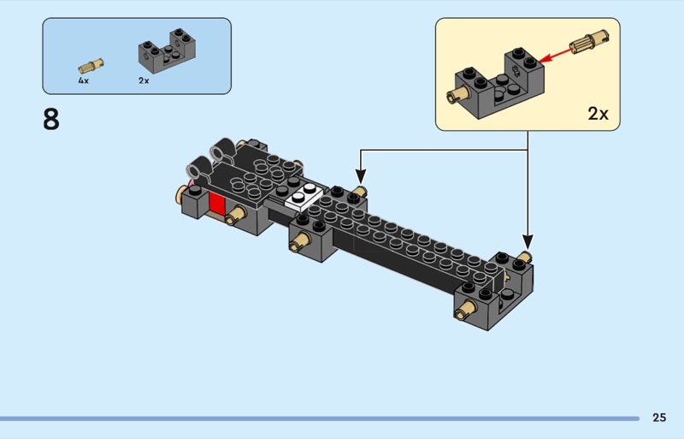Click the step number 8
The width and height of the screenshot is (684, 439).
(51, 120)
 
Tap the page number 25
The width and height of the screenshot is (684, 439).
(658, 418)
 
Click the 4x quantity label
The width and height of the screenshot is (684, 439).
(83, 80)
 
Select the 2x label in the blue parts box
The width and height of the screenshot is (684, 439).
(144, 80)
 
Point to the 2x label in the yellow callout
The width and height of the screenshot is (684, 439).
(598, 113)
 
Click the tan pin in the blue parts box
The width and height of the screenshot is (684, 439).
(91, 65)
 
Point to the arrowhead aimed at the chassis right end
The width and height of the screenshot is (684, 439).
(528, 244)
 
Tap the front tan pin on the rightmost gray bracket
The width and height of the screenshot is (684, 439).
(464, 309)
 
